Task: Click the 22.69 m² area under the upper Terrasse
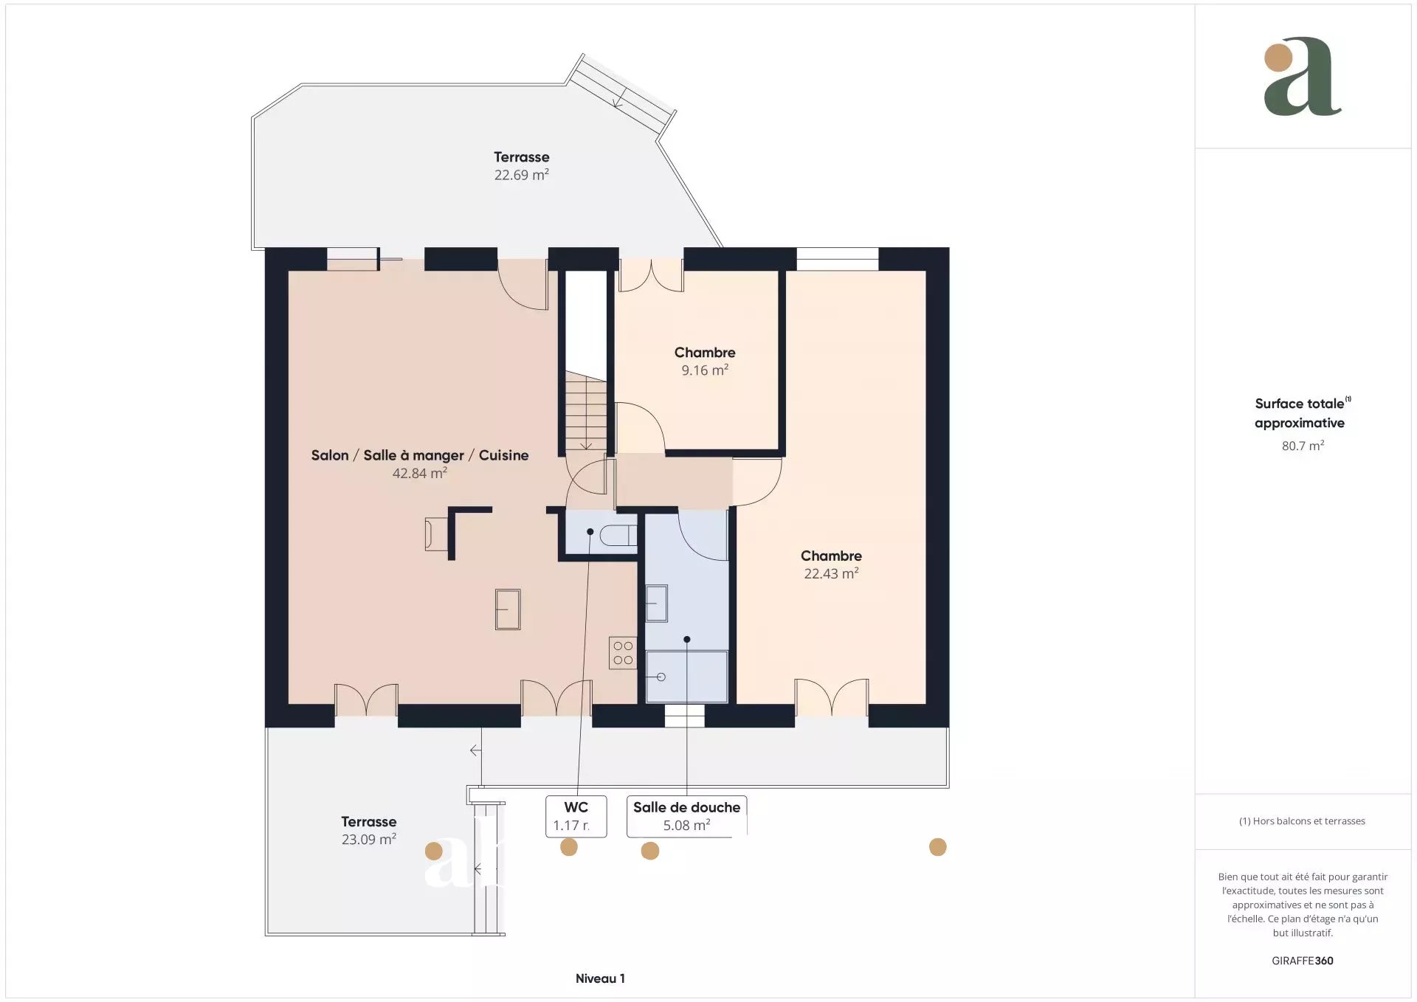(x=522, y=175)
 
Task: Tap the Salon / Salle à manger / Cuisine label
(x=420, y=455)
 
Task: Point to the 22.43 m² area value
(x=831, y=573)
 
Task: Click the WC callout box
(x=576, y=816)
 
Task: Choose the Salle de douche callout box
(x=687, y=816)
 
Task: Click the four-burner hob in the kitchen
(x=623, y=653)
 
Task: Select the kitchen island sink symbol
(x=508, y=609)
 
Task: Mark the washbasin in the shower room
(x=657, y=603)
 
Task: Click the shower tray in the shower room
(x=687, y=677)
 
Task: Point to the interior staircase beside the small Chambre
(x=587, y=411)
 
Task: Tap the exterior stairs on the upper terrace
(x=621, y=94)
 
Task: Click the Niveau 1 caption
(x=600, y=978)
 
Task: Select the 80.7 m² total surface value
(x=1303, y=446)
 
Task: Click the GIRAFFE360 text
(x=1303, y=961)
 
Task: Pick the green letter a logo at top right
(x=1303, y=77)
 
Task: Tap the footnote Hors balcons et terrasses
(x=1302, y=821)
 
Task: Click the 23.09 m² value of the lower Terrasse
(x=369, y=840)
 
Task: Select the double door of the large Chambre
(x=832, y=697)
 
